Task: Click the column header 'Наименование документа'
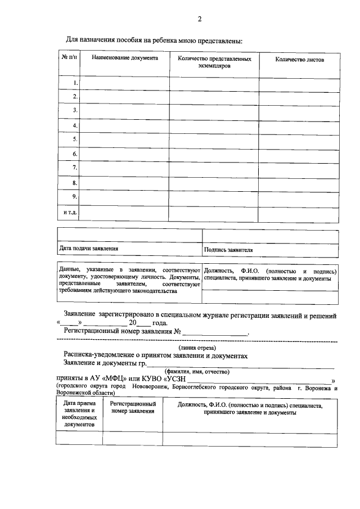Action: tap(125, 58)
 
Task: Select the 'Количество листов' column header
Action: tap(299, 60)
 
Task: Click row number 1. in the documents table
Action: tap(75, 83)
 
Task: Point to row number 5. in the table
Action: tap(75, 138)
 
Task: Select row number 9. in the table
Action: tap(75, 196)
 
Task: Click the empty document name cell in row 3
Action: tap(125, 111)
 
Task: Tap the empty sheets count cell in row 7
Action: tap(299, 168)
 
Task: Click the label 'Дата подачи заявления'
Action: tap(89, 248)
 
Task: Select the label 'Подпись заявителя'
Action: tap(228, 250)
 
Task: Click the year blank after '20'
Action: tap(144, 323)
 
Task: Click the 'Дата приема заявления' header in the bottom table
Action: tap(79, 413)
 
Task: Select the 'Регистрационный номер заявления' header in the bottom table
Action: tap(133, 408)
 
